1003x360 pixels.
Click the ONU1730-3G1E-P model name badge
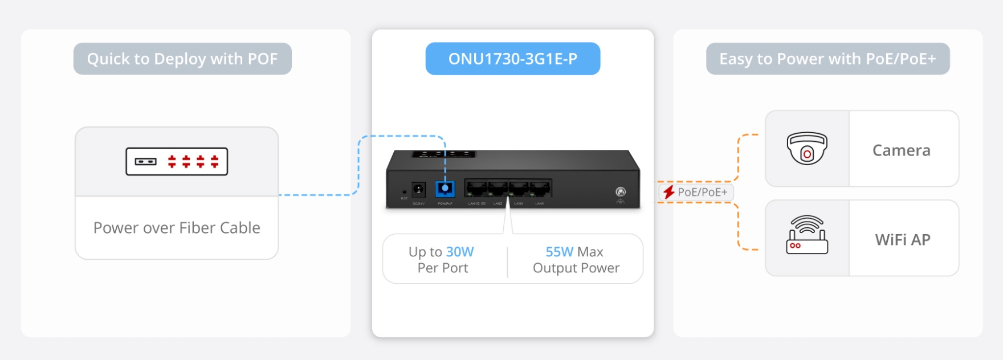(x=512, y=59)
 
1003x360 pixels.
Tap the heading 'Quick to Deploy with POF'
(x=182, y=59)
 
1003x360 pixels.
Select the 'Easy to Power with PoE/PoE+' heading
(x=827, y=59)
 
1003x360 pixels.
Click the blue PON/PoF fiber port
(x=445, y=188)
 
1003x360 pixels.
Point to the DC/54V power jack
(x=418, y=189)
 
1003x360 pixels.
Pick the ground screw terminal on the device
(x=621, y=192)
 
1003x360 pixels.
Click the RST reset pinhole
(x=405, y=192)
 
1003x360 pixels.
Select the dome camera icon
(x=807, y=148)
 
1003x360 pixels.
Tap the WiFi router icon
(x=807, y=235)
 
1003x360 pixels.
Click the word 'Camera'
(x=901, y=150)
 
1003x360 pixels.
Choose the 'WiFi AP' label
(x=903, y=240)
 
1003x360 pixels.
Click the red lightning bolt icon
(x=669, y=193)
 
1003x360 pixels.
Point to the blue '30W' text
(x=460, y=252)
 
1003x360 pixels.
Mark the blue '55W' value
(x=559, y=252)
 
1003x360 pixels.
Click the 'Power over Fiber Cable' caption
(x=177, y=228)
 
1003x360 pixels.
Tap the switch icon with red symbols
(x=177, y=161)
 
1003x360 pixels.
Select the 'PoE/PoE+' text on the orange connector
(x=702, y=193)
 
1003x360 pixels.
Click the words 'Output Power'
(x=576, y=268)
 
